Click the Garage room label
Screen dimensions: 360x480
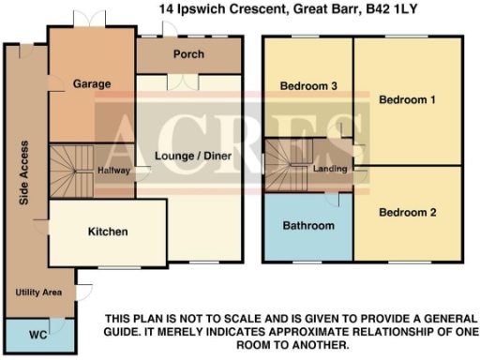point(92,83)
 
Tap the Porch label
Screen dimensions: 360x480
point(188,54)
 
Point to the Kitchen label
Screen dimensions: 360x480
point(108,232)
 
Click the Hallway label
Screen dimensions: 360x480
point(113,171)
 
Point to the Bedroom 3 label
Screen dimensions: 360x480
point(308,87)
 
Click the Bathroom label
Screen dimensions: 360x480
point(308,226)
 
